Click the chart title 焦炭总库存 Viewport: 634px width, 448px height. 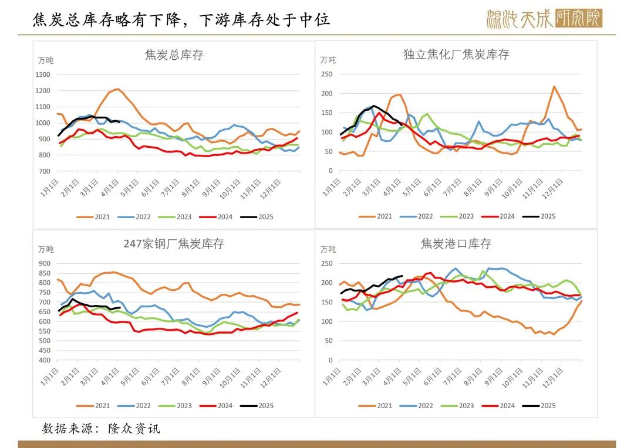point(174,55)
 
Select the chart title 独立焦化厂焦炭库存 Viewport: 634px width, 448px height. point(456,55)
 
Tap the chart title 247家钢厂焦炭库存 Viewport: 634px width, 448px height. point(174,243)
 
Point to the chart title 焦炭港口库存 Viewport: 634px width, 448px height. point(456,243)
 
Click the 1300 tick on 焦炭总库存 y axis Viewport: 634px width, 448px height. point(43,75)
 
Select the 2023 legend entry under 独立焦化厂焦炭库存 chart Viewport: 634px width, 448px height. point(459,216)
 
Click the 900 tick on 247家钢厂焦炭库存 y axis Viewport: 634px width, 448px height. point(45,264)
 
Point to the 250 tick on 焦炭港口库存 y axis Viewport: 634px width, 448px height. point(327,264)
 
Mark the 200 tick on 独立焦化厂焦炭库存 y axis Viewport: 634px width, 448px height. point(327,94)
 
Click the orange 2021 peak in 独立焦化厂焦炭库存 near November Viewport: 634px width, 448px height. point(554,87)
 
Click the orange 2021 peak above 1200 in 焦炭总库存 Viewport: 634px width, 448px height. point(118,89)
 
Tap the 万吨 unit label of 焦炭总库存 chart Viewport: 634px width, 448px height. point(46,60)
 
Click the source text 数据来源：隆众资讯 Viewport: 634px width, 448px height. point(100,429)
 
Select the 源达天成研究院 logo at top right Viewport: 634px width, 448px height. point(544,19)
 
